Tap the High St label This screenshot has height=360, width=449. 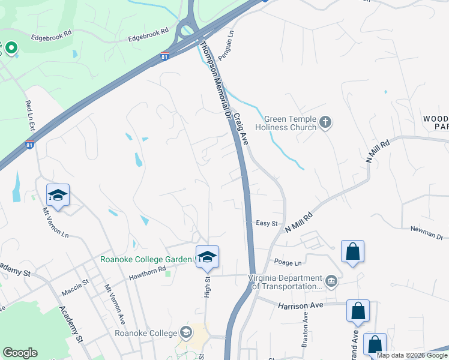point(207,287)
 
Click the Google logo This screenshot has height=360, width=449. point(20,353)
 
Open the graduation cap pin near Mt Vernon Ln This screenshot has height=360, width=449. point(58,196)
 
